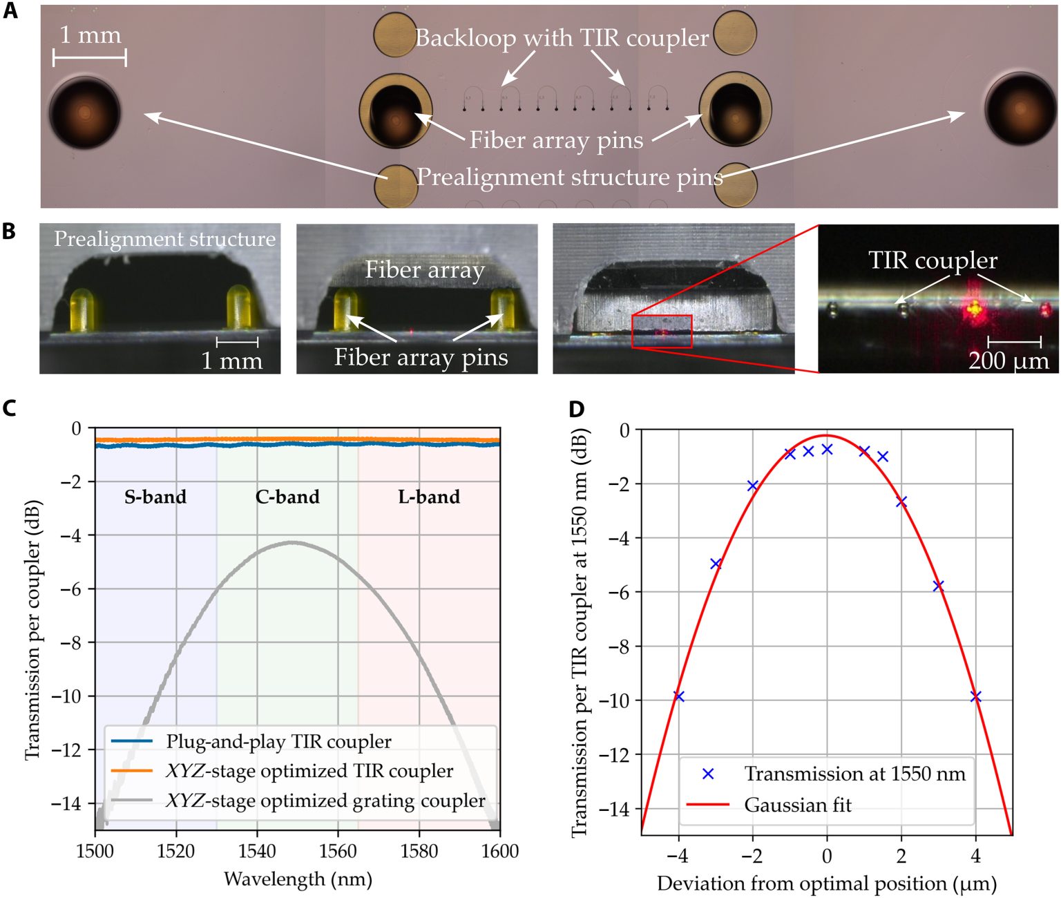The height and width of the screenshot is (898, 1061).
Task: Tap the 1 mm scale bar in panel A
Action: point(90,58)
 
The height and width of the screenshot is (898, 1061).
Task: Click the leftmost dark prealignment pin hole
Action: point(85,113)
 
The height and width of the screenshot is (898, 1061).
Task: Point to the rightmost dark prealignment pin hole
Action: point(1021,108)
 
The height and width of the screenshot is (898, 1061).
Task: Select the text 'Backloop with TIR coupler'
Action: point(562,38)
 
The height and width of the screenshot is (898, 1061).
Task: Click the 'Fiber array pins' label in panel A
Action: point(556,140)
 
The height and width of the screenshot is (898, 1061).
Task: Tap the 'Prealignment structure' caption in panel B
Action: point(164,239)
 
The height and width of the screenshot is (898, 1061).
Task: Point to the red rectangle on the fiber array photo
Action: point(662,332)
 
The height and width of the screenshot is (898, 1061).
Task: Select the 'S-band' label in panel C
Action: point(155,497)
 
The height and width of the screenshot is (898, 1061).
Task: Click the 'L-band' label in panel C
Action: point(429,497)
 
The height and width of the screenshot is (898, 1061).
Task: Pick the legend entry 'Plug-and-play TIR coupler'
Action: point(278,742)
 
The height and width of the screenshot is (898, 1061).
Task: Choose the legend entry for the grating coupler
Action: point(325,801)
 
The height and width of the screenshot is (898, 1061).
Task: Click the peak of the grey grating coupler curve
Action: point(294,543)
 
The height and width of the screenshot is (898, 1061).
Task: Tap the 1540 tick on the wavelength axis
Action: point(257,851)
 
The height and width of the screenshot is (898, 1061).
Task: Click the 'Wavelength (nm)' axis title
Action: point(298,879)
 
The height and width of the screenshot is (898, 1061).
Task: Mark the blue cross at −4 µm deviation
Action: point(679,696)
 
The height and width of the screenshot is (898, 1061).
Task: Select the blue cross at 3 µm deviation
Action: point(938,586)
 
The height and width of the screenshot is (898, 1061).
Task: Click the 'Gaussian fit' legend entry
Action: point(798,805)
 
